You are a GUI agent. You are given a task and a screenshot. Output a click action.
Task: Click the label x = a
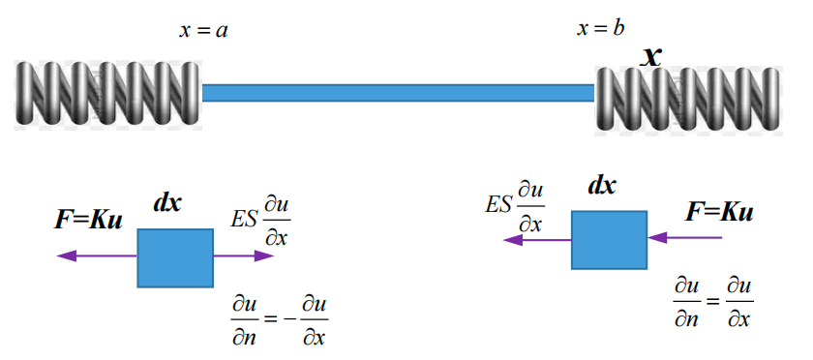pyautogui.click(x=203, y=31)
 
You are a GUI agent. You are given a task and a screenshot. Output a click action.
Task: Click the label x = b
pyautogui.click(x=600, y=28)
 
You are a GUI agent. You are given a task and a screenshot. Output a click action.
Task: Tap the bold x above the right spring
pyautogui.click(x=652, y=56)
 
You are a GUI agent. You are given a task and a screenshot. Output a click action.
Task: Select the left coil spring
pyautogui.click(x=106, y=93)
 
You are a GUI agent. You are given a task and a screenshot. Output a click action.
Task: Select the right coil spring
pyautogui.click(x=689, y=97)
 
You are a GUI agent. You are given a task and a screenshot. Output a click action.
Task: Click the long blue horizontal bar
pyautogui.click(x=398, y=93)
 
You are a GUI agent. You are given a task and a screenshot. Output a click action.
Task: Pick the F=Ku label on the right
pyautogui.click(x=719, y=212)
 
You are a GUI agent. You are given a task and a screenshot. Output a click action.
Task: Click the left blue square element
pyautogui.click(x=175, y=257)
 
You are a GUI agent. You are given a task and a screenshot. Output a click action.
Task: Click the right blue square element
pyautogui.click(x=609, y=239)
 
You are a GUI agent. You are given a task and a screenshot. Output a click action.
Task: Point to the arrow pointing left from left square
pyautogui.click(x=97, y=256)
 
